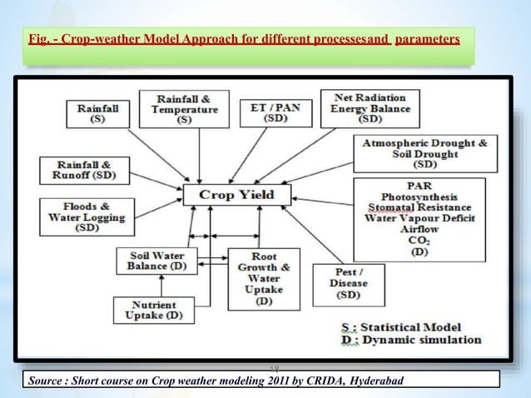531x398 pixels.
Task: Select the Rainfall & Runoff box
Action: point(82,170)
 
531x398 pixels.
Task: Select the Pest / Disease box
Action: point(345,283)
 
